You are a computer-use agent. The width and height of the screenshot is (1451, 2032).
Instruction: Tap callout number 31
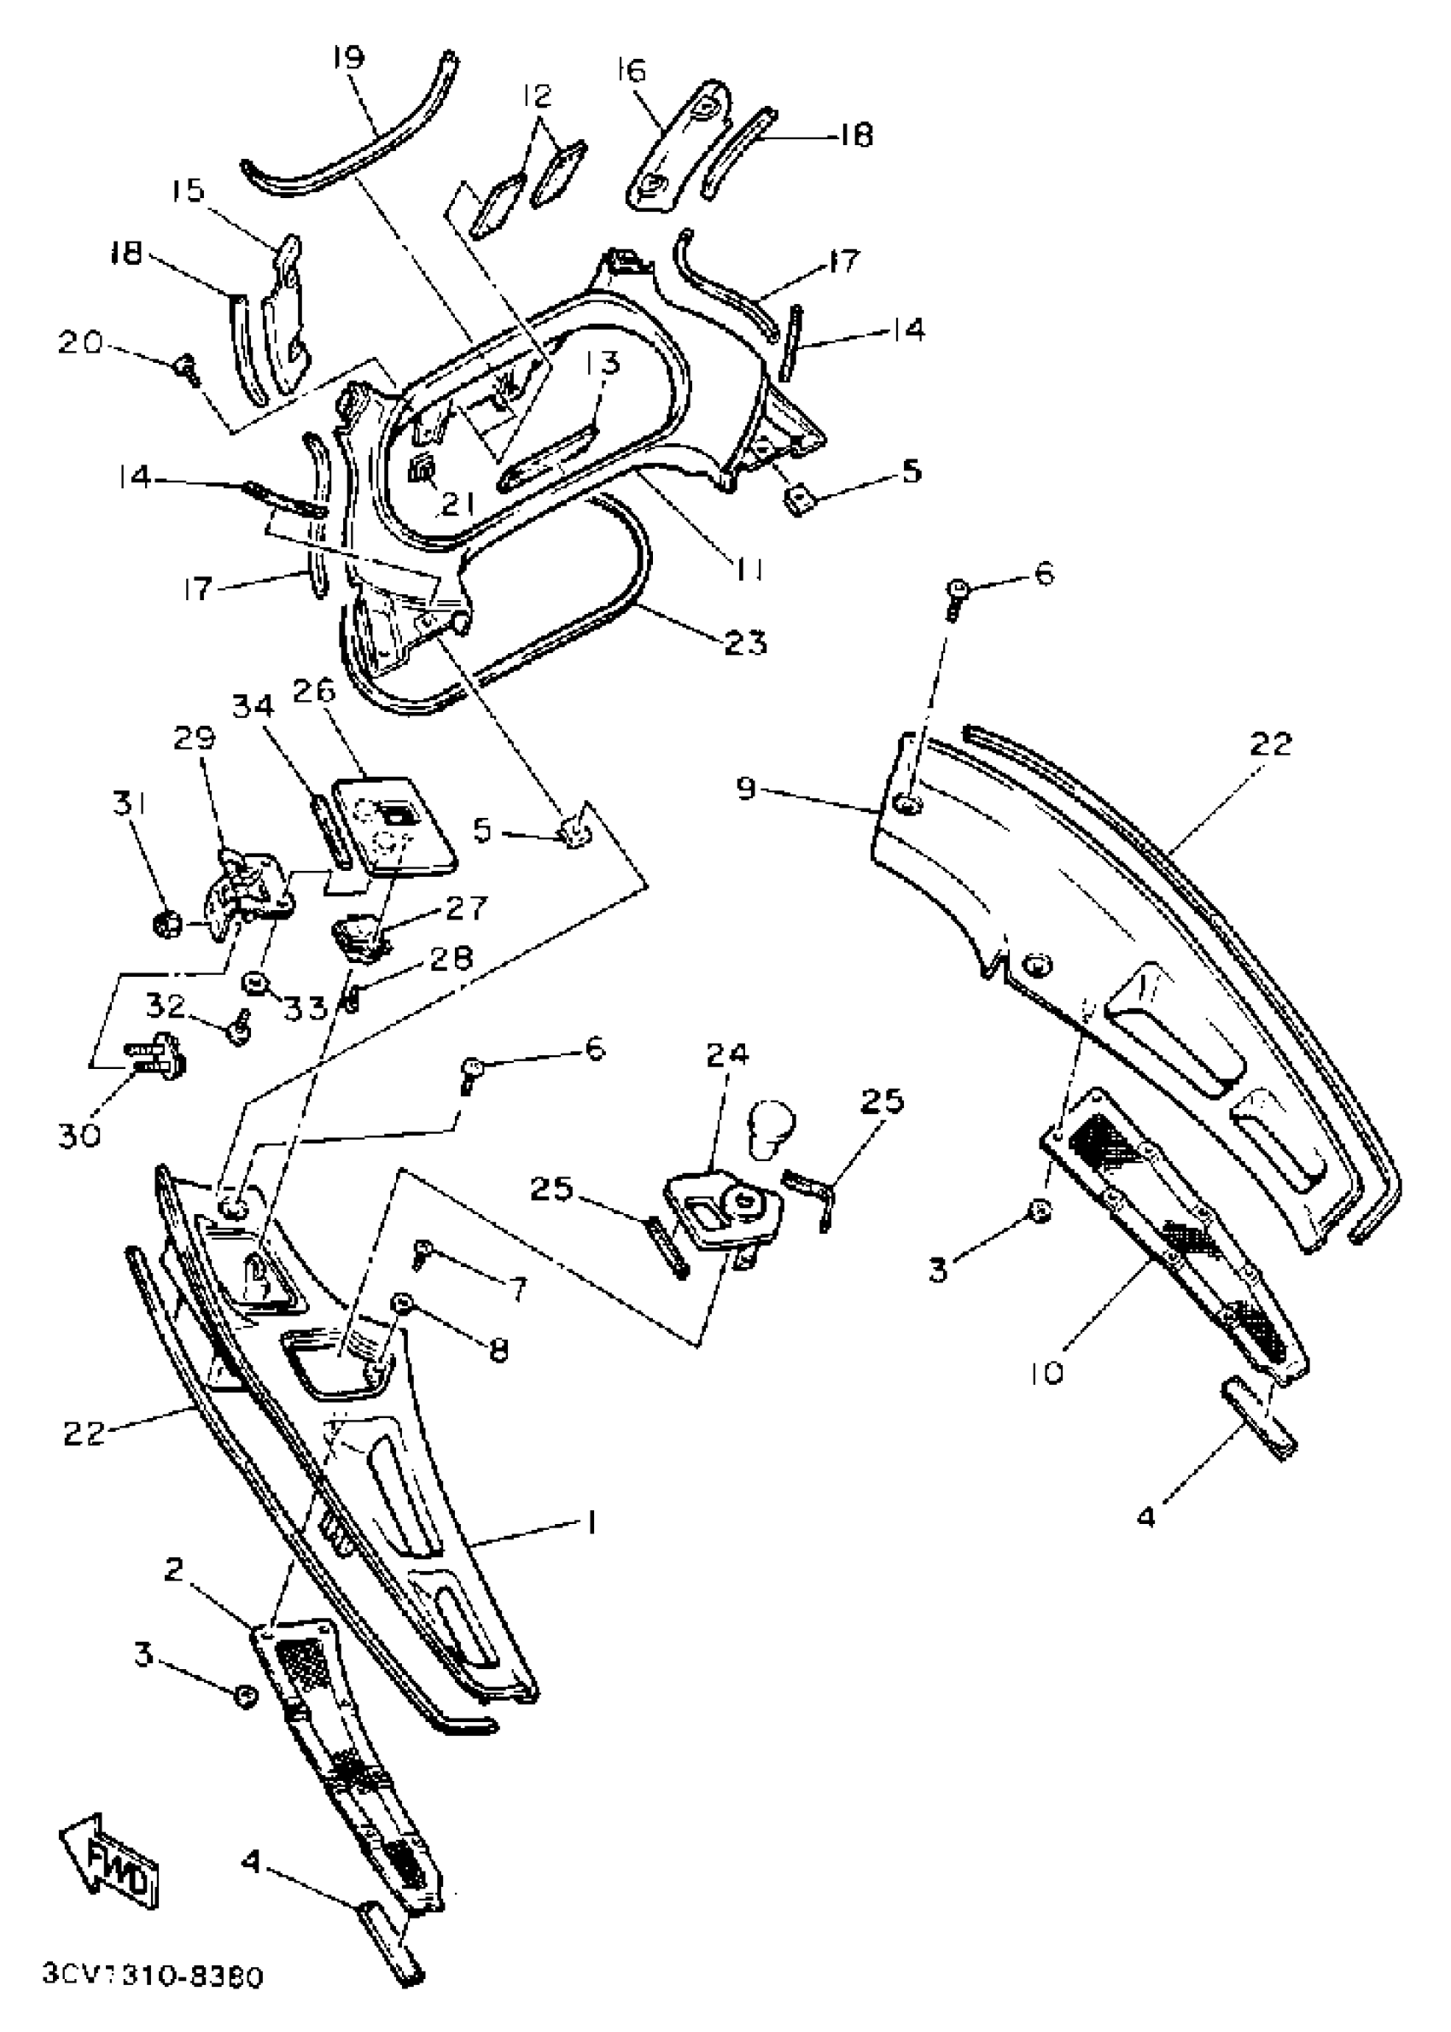130,804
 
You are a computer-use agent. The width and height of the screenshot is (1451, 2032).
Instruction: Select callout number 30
79,1136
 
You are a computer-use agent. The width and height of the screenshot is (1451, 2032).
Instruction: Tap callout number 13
603,364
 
